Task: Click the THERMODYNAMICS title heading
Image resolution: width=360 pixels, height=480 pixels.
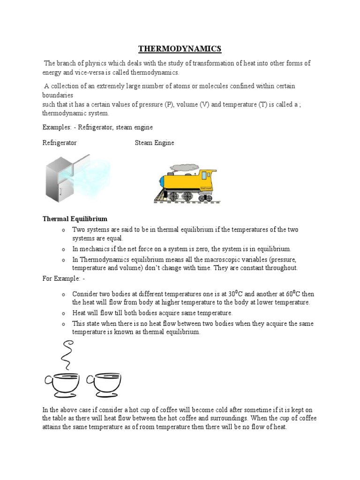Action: (180, 49)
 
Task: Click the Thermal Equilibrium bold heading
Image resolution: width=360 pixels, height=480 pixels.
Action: (75, 219)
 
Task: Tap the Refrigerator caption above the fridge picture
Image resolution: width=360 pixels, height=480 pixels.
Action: (60, 143)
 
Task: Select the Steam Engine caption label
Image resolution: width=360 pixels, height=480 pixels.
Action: (154, 143)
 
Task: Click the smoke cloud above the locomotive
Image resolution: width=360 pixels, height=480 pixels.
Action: (184, 167)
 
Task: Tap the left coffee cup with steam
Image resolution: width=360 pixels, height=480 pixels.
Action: (65, 384)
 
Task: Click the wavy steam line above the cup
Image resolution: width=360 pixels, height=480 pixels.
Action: (67, 354)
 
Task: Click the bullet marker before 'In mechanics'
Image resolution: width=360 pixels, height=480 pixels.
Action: (63, 249)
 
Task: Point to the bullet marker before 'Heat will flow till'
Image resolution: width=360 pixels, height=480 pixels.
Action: (63, 313)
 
